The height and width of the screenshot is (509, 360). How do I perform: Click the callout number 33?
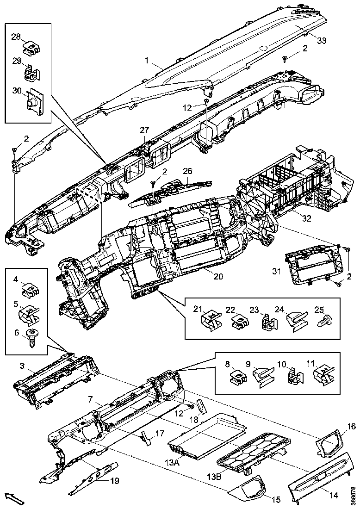coord(322,41)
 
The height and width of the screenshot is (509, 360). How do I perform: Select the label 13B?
coord(213,476)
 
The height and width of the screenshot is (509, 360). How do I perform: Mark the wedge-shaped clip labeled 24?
coord(295,320)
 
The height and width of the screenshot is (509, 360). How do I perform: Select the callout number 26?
coord(187,171)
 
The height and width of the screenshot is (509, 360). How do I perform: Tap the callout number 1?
coord(147,61)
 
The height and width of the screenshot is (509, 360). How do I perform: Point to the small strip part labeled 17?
coord(144,437)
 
